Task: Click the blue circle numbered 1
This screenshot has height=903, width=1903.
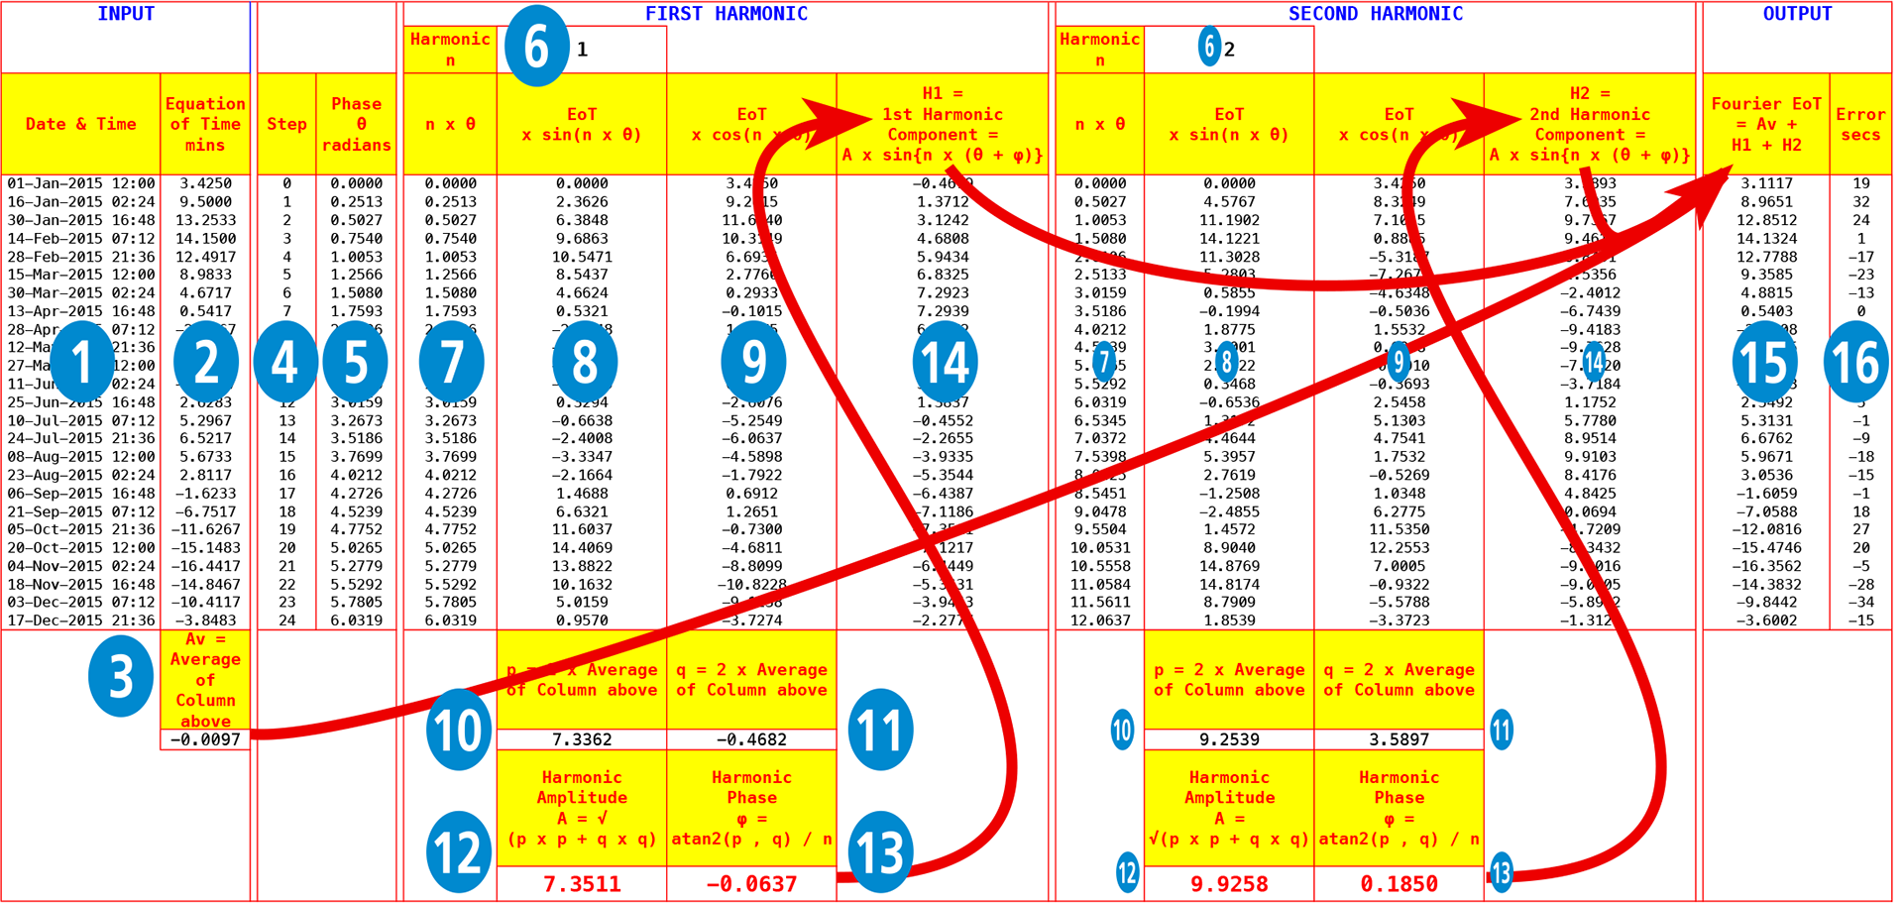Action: tap(82, 362)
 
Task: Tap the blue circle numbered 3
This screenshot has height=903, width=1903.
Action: tap(121, 676)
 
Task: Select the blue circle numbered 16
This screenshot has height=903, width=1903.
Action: tap(1855, 362)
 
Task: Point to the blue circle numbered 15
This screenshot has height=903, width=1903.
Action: tap(1765, 362)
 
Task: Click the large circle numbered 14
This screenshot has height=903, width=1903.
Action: tap(945, 362)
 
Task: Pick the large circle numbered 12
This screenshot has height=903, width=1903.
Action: tap(458, 851)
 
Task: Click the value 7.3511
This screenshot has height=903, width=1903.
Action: tap(582, 884)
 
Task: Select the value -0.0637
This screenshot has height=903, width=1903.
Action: tap(751, 884)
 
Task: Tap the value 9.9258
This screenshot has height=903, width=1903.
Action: tap(1229, 884)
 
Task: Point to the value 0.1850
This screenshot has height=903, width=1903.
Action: tap(1399, 884)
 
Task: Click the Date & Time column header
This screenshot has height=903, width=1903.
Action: tap(81, 124)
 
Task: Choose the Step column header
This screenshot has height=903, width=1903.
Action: tap(286, 124)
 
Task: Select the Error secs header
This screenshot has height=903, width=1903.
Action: tap(1860, 124)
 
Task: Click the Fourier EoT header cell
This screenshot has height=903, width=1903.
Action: tap(1766, 124)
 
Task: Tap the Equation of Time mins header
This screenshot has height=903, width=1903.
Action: tap(205, 124)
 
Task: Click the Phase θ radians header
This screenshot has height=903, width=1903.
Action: tap(357, 124)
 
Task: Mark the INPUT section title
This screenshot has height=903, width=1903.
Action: tap(127, 14)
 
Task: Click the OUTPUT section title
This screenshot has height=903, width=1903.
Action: tap(1797, 14)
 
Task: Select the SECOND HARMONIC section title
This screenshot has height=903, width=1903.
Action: tap(1375, 14)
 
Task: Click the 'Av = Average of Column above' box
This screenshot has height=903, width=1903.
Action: tap(205, 680)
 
